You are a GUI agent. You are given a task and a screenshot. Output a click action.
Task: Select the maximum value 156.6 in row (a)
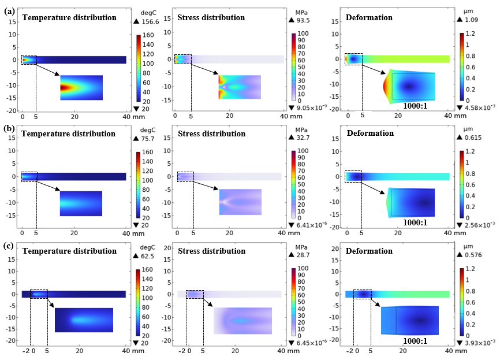click(x=152, y=21)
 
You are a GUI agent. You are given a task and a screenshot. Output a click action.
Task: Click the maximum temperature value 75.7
click(x=150, y=138)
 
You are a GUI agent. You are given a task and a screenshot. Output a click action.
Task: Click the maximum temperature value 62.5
click(x=150, y=255)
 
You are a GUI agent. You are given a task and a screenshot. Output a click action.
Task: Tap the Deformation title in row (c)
click(x=370, y=251)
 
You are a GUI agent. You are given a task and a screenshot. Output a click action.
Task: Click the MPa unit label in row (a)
click(x=302, y=11)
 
